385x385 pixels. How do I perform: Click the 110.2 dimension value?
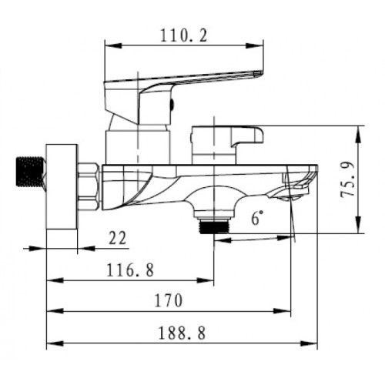click(x=183, y=34)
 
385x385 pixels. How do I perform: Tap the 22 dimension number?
click(x=118, y=239)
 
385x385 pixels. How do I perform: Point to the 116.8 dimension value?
click(x=128, y=270)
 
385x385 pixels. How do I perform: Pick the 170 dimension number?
click(x=169, y=301)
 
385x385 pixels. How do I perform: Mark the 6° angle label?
click(x=255, y=219)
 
